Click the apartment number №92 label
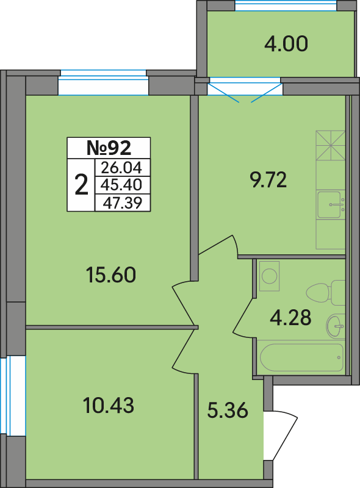pos(109,148)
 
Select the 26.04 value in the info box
pos(121,168)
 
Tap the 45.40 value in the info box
pos(121,185)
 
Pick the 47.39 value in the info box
pos(123,203)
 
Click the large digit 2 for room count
pos(81,185)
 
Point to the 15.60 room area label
pos(110,275)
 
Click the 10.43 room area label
pos(109,405)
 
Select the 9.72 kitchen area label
pos(268,180)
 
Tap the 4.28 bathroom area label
pos(290,317)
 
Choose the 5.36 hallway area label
pos(228,410)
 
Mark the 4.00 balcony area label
pos(286,43)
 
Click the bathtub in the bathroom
pos(301,357)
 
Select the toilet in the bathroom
pos(326,293)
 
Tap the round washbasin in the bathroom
pos(336,326)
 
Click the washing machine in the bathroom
pos(269,276)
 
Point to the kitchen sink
pos(331,205)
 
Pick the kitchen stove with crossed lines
pos(331,145)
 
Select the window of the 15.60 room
pos(103,82)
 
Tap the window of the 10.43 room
pos(12,397)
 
